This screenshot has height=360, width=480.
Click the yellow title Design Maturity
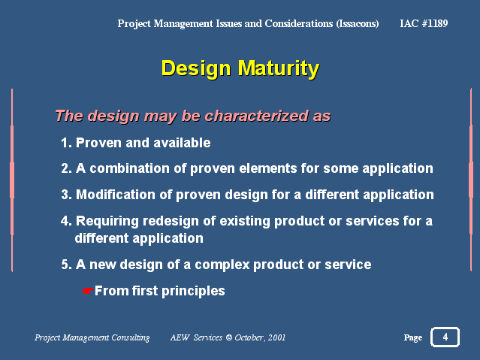pos(240,69)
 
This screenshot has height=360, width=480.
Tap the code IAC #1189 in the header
pos(424,23)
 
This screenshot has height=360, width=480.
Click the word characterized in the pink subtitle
pos(257,116)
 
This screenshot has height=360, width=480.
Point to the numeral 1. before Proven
pos(66,143)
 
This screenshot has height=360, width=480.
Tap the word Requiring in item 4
pos(107,222)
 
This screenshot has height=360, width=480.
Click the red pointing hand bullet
pos(88,291)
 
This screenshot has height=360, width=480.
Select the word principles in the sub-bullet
pos(193,292)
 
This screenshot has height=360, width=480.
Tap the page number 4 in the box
pos(445,337)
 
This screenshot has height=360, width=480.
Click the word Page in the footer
pos(413,337)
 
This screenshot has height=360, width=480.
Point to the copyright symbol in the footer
pos(229,337)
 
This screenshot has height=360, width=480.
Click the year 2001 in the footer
pos(276,337)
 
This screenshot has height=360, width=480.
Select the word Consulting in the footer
pos(131,337)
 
